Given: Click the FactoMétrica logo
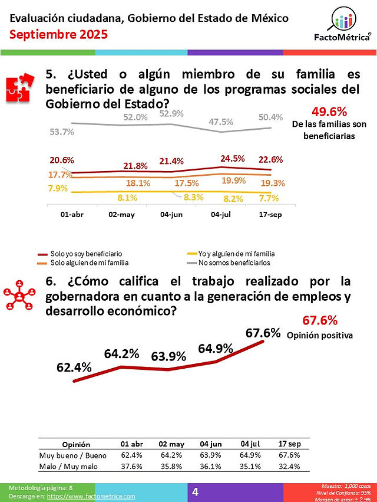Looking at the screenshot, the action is coord(342,25).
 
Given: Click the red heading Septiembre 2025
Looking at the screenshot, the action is coord(58,35).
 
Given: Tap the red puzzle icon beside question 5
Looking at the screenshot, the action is coord(20,88).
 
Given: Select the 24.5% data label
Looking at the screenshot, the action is coord(233,159).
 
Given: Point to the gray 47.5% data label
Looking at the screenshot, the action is coord(221,122).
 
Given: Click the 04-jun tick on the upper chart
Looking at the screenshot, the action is coord(171,215).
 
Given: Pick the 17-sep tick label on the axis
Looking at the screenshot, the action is coord(270,215).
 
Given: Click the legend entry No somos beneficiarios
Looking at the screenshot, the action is coord(229,263).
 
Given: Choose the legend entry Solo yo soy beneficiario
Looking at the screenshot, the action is coord(80,254).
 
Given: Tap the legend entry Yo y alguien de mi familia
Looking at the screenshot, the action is coord(231,254).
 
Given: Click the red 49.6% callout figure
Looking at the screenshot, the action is coord(329,111).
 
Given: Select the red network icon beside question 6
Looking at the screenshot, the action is coord(19,295).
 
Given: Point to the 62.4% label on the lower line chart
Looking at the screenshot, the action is coord(74,368).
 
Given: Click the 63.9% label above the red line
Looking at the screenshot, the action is coord(168,356).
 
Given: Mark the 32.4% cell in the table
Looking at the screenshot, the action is coord(289,466).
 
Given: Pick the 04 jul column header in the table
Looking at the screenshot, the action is coord(250,444).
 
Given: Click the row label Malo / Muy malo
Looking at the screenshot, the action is coord(68,467).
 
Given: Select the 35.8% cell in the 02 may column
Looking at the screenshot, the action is coord(171,466).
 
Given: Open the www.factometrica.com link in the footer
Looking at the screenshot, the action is coord(91,496).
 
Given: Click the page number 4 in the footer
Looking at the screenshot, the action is coord(196,492).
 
